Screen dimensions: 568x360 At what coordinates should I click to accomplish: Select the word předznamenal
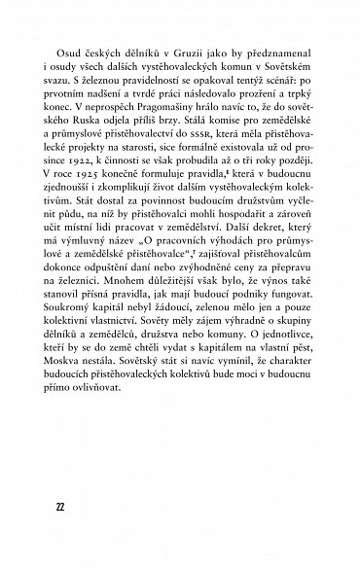click(x=271, y=51)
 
